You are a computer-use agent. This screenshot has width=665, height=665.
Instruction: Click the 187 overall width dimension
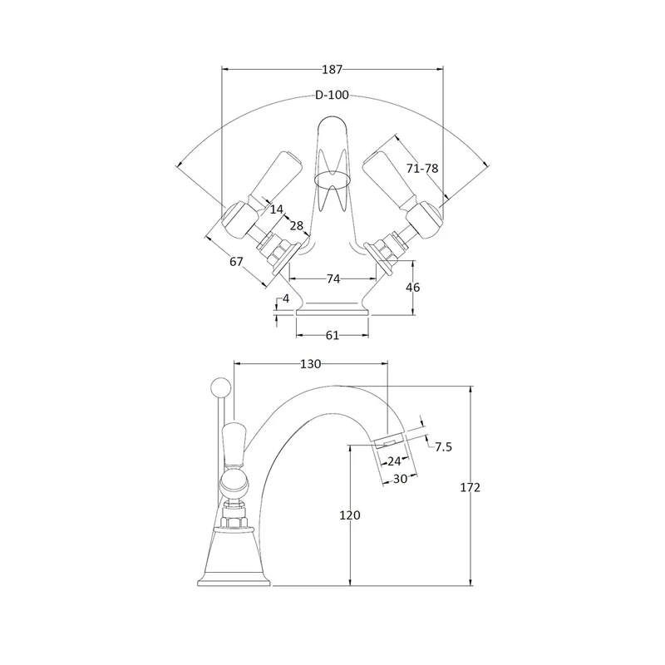332,69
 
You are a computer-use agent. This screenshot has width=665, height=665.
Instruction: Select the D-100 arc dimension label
332,95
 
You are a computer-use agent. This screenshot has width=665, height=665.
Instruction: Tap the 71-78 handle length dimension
422,169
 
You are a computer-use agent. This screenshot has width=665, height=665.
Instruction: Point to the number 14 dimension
276,209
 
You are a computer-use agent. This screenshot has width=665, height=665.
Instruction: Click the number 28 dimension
297,225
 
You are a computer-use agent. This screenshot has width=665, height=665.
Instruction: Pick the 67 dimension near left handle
236,262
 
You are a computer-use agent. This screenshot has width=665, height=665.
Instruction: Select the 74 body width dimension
333,278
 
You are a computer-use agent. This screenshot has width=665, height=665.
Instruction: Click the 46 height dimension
412,288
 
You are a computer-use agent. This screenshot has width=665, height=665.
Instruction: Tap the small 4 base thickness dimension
286,298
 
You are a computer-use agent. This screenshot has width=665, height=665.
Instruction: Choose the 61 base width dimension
332,336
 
